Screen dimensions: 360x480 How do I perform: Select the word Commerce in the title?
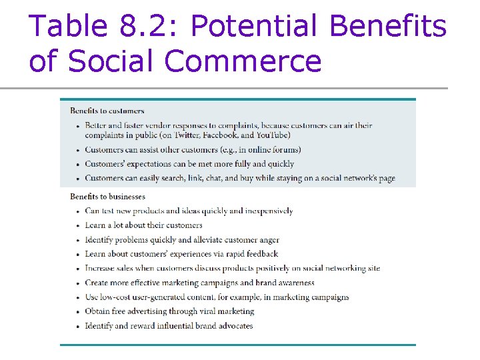243,61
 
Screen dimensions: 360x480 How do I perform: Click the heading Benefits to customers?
107,111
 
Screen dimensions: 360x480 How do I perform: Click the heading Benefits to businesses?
107,197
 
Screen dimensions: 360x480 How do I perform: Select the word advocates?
231,326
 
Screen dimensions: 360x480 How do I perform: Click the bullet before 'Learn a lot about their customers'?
78,226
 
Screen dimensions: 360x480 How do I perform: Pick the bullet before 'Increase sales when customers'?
78,269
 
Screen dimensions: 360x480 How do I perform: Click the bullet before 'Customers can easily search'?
78,179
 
